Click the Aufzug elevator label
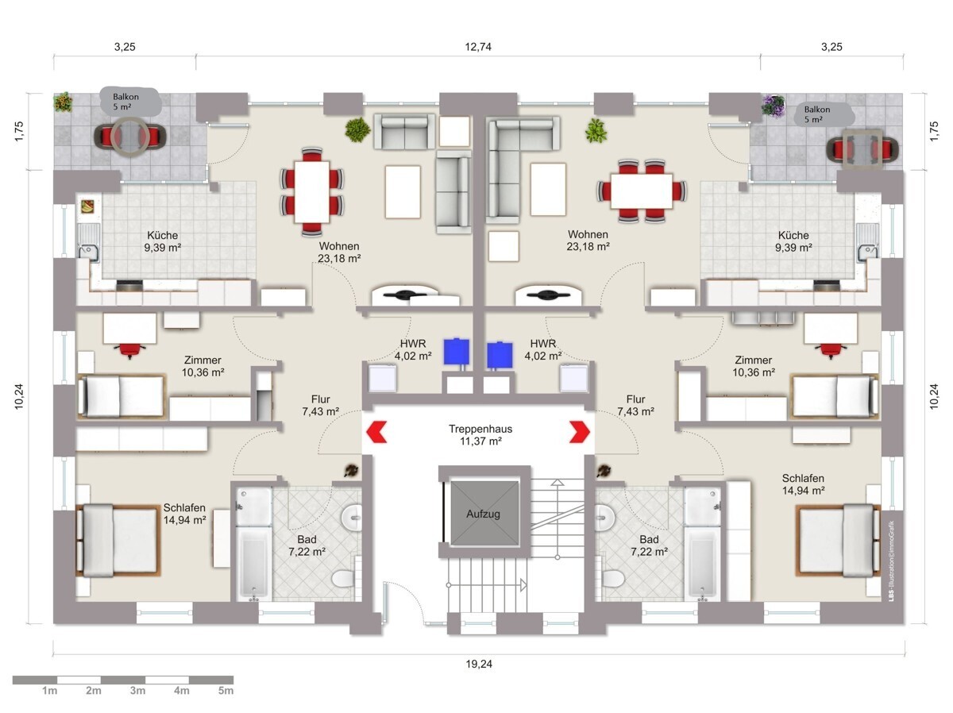(x=483, y=514)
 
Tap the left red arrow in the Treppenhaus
(x=376, y=432)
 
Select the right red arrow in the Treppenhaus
(x=580, y=432)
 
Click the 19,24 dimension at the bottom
(x=479, y=664)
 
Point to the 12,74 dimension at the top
(x=478, y=46)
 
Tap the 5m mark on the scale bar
(x=226, y=691)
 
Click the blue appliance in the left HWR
(x=456, y=351)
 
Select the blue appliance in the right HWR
(x=500, y=355)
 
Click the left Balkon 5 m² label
(x=125, y=102)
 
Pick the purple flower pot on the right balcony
(x=774, y=106)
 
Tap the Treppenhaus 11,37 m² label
(x=480, y=435)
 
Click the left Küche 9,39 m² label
(x=162, y=241)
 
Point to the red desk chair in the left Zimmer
(x=130, y=350)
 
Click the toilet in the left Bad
(x=345, y=577)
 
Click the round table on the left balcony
(x=129, y=137)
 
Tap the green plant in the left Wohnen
(x=357, y=129)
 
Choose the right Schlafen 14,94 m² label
(x=803, y=484)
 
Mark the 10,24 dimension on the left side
(x=19, y=396)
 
